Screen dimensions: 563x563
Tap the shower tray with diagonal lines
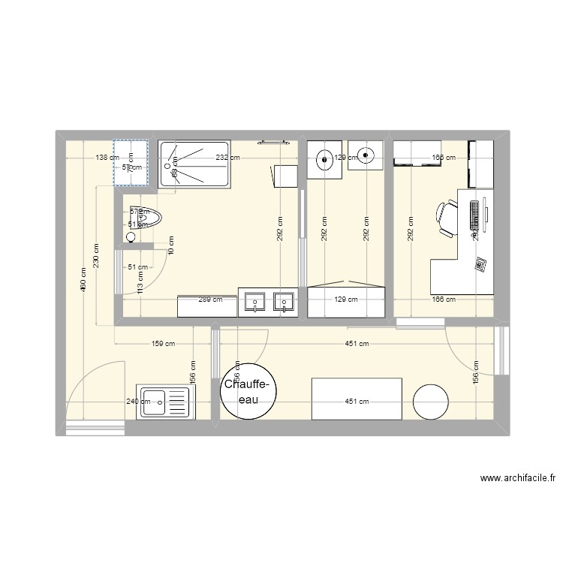[x=194, y=164]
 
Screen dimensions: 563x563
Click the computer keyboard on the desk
[x=474, y=215]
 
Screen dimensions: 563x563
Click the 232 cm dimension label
[x=227, y=158]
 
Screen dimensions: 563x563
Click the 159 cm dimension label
[x=163, y=345]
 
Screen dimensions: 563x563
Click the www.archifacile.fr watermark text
[x=519, y=478]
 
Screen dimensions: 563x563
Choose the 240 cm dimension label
[x=139, y=402]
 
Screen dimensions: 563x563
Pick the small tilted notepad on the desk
[x=480, y=264]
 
